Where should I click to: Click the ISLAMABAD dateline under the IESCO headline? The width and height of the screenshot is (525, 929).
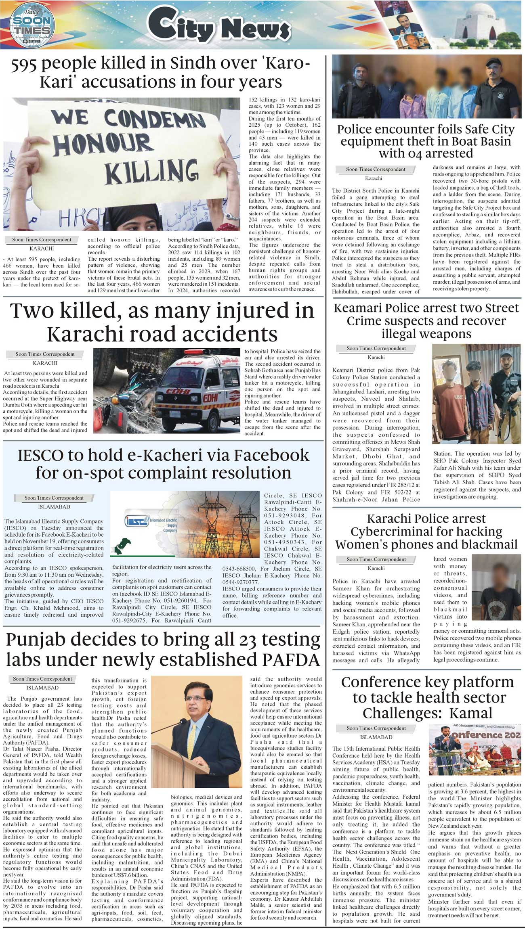point(54,507)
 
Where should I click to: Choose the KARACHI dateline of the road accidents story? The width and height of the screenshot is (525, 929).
point(45,363)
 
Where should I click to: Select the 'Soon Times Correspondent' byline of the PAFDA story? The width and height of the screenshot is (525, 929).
point(42,679)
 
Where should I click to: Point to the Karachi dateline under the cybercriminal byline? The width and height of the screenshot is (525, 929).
point(376,568)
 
